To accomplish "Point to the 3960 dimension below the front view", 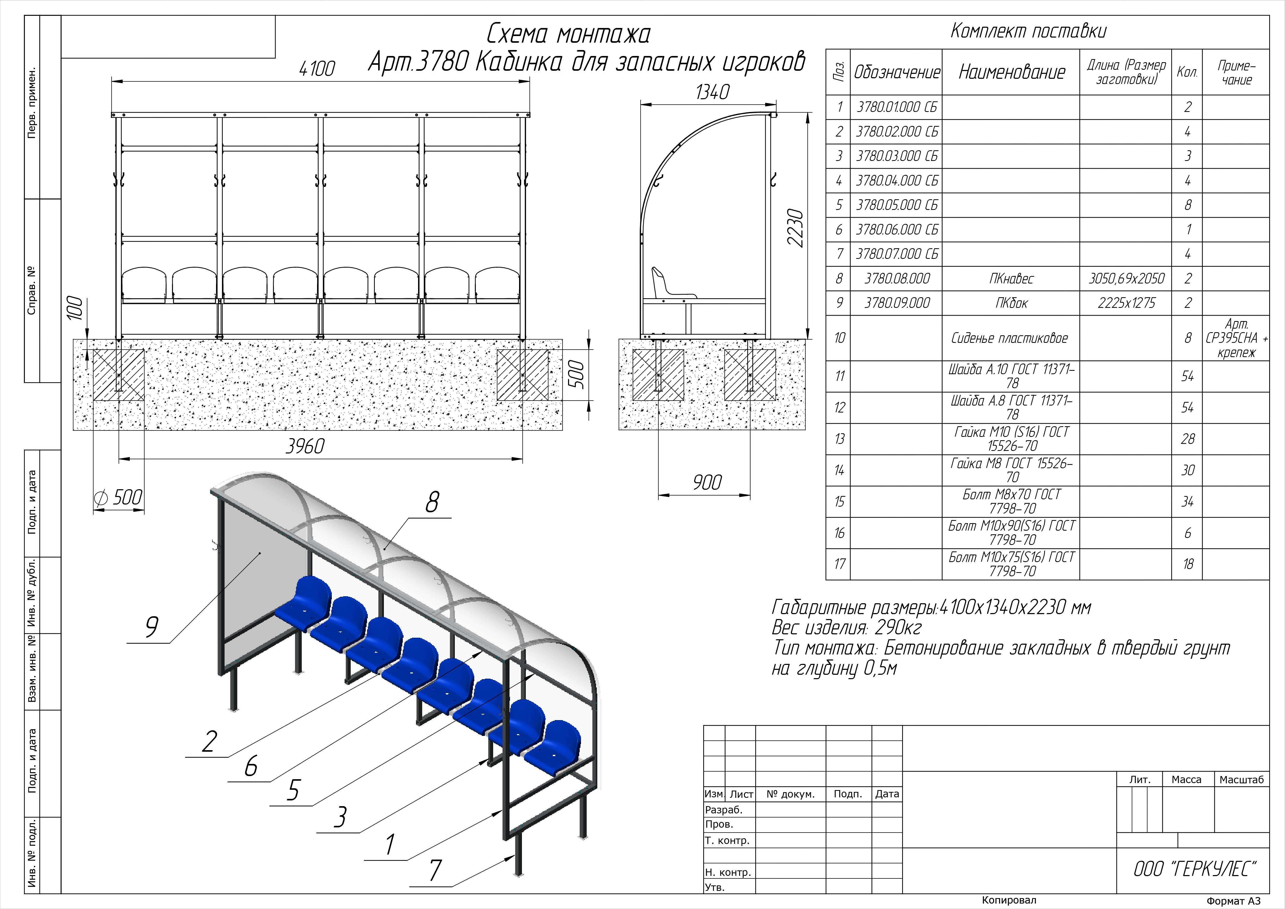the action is pyautogui.click(x=305, y=446).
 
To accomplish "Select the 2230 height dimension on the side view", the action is pyautogui.click(x=795, y=228).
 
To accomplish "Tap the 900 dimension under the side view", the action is pyautogui.click(x=707, y=482).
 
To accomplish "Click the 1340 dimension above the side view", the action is pyautogui.click(x=713, y=92).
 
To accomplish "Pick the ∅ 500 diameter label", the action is pyautogui.click(x=119, y=497).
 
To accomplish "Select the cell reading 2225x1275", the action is pyautogui.click(x=1126, y=303).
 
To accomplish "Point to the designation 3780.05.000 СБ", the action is pyautogui.click(x=896, y=205).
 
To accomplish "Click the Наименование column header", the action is pyautogui.click(x=1012, y=72).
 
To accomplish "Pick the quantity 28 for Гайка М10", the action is pyautogui.click(x=1188, y=439).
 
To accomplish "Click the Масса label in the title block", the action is pyautogui.click(x=1187, y=780).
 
